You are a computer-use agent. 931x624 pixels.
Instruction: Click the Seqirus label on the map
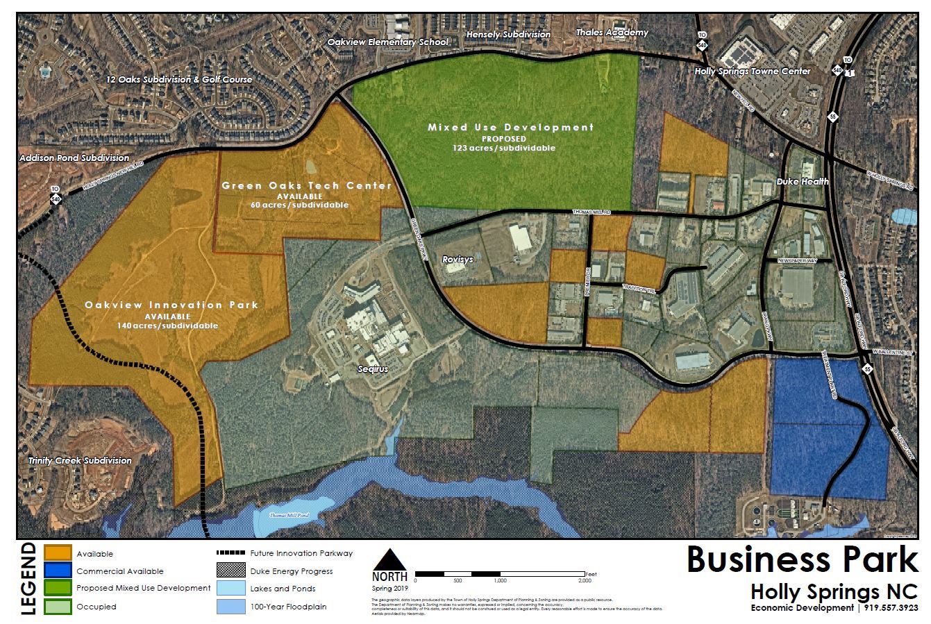click(x=372, y=369)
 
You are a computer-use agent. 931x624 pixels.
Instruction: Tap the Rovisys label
click(x=458, y=259)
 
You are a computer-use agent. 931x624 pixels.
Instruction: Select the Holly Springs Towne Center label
click(x=753, y=71)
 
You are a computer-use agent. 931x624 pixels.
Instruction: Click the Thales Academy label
click(x=612, y=33)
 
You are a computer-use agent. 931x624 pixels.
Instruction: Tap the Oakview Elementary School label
click(x=388, y=42)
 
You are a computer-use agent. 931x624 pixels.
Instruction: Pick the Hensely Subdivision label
click(x=508, y=34)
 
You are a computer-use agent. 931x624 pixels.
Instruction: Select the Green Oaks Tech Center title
click(x=306, y=186)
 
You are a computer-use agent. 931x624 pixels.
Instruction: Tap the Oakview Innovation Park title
click(x=171, y=305)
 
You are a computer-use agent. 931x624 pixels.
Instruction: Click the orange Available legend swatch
click(x=58, y=553)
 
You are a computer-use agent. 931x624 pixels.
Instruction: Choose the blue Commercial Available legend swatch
click(x=58, y=571)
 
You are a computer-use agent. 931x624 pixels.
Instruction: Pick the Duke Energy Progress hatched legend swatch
click(x=230, y=571)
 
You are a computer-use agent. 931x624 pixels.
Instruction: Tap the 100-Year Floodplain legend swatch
click(x=230, y=606)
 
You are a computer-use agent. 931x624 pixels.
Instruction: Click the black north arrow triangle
click(x=389, y=559)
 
